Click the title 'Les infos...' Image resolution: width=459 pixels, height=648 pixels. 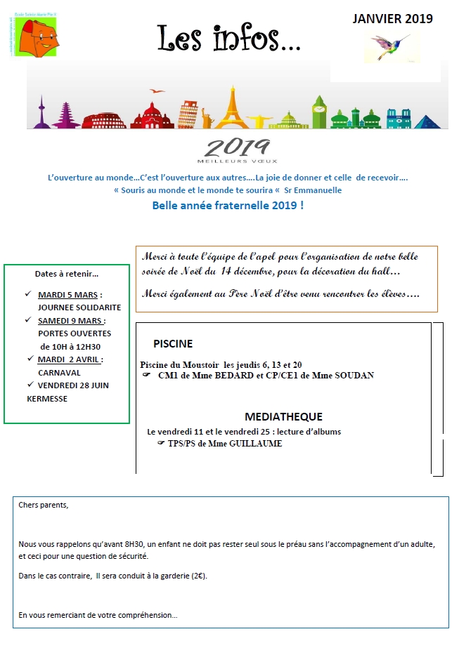coord(229,38)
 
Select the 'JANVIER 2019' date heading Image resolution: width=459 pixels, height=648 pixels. coord(392,18)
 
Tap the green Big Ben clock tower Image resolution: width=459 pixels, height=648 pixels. coord(319,110)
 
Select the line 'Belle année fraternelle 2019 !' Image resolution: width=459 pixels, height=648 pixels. coord(228,206)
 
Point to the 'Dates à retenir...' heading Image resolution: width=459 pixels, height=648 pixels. coord(67,274)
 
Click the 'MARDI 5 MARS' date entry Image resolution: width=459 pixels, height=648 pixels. coord(70,295)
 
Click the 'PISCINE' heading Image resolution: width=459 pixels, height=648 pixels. coord(173,344)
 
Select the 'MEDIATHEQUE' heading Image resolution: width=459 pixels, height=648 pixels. coord(283,416)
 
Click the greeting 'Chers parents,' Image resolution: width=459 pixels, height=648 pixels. coord(44,505)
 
